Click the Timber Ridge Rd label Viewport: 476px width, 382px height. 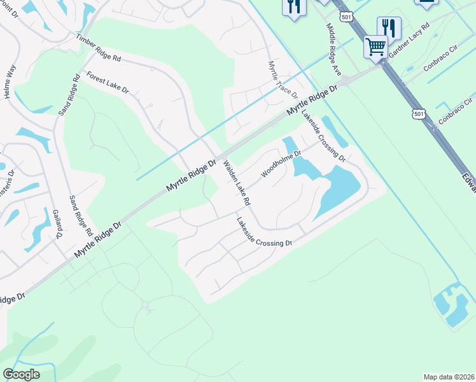[x=98, y=48]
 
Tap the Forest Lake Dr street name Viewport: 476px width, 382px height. [x=108, y=83]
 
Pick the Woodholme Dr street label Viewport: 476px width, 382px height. [x=281, y=165]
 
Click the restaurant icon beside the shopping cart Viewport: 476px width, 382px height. [x=389, y=27]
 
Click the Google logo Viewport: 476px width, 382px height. [x=21, y=374]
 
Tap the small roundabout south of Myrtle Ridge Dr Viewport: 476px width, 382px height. [x=145, y=306]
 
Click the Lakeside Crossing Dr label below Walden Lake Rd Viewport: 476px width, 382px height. [x=264, y=233]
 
